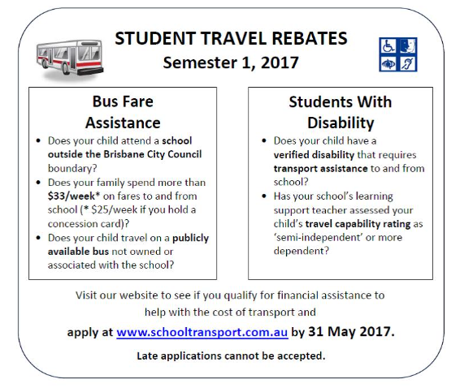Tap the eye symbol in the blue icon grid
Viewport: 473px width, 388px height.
pos(388,62)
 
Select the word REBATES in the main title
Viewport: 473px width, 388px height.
pos(308,38)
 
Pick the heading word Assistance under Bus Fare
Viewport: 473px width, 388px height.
pos(123,123)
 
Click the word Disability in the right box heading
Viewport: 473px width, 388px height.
pos(340,123)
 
